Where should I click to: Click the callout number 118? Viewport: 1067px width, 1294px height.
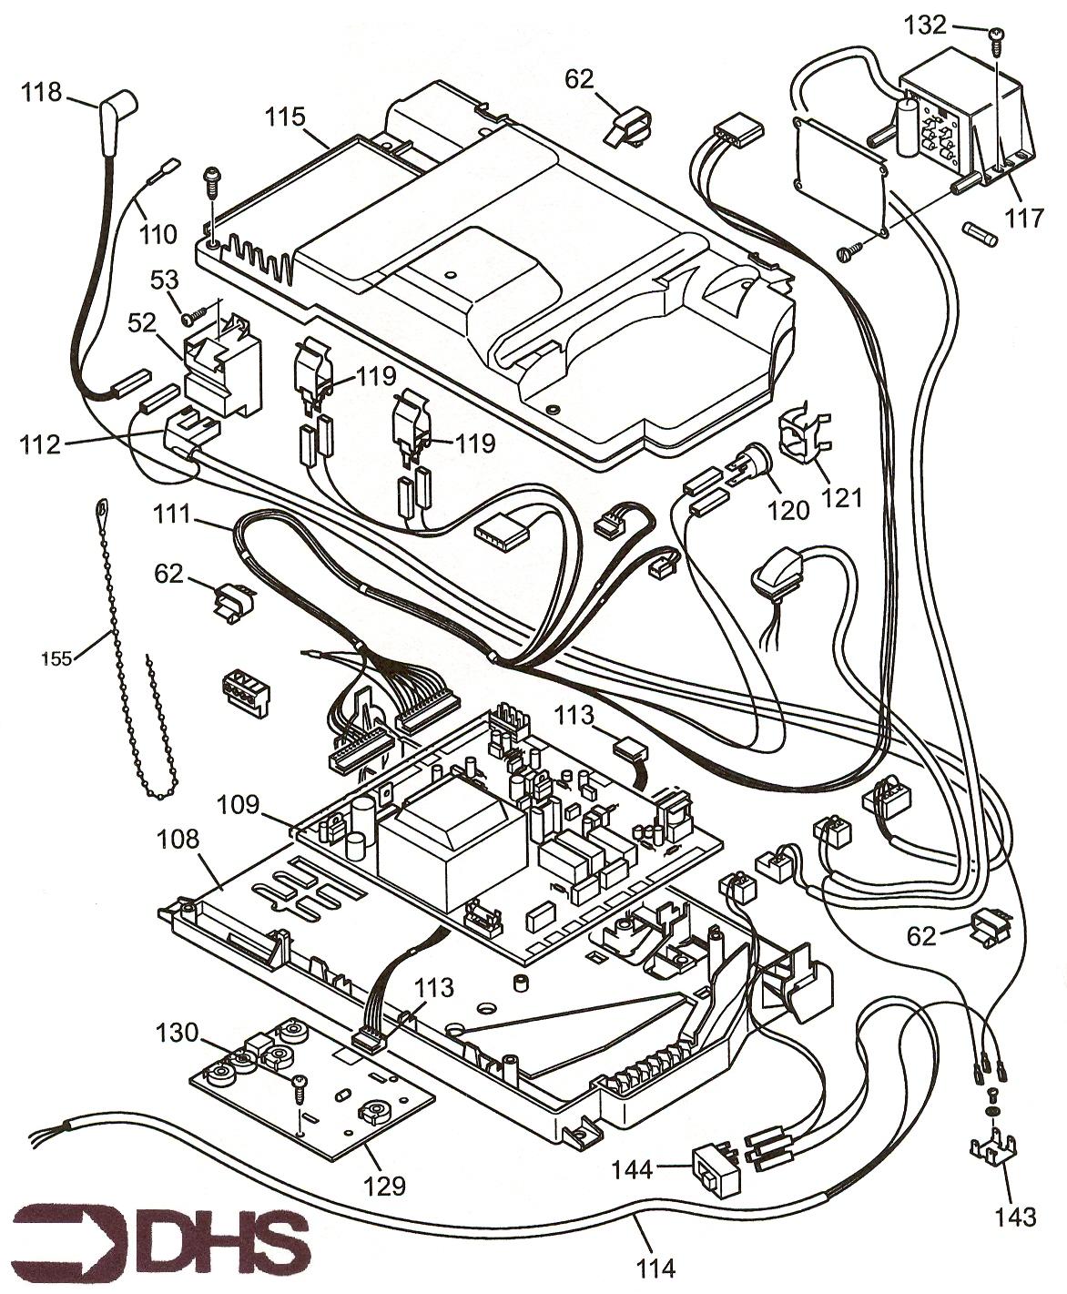(43, 92)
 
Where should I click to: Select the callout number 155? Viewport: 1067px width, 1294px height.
(56, 658)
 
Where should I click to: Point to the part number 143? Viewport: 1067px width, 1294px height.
(1015, 1215)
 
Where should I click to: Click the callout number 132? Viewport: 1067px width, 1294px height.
(925, 26)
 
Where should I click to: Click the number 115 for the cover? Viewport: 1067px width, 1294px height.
(285, 117)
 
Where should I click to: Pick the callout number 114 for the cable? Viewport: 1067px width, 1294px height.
(656, 1266)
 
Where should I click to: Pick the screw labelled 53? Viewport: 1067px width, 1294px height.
(190, 319)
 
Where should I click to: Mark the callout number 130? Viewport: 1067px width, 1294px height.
(176, 1033)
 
